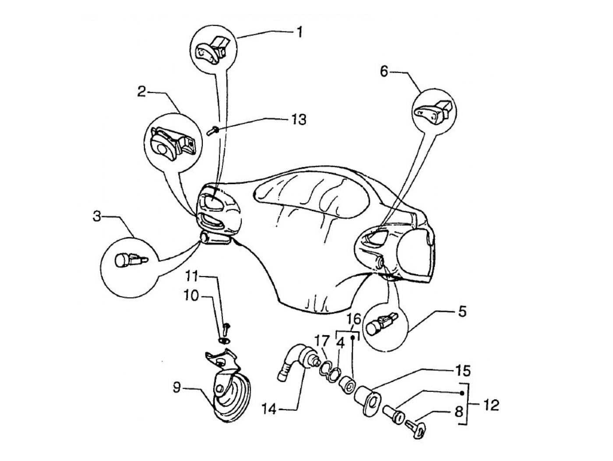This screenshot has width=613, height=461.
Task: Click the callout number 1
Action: (299, 32)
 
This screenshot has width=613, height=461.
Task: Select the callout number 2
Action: (141, 92)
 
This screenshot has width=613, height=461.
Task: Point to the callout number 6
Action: (384, 71)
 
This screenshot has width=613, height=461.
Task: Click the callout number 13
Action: (299, 119)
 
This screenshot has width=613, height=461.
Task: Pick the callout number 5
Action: (462, 312)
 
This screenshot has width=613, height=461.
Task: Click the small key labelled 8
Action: (416, 426)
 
